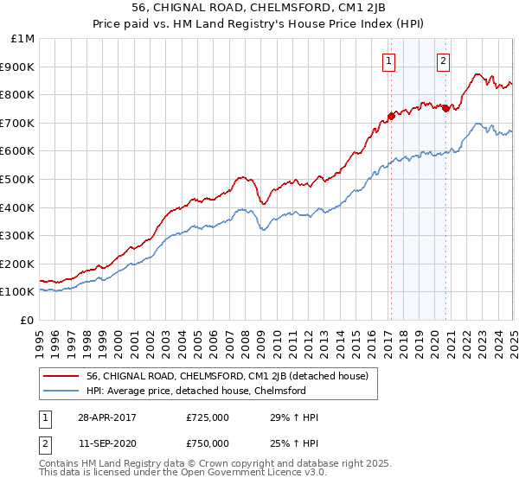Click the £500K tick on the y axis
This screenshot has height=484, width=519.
(x=20, y=179)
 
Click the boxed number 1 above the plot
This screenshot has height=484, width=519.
(x=389, y=60)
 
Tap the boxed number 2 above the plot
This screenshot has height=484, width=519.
(x=443, y=60)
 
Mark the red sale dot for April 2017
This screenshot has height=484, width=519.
(x=391, y=115)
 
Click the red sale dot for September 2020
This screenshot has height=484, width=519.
(x=445, y=108)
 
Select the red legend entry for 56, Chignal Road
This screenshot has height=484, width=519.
(x=227, y=376)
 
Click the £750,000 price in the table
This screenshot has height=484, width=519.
(x=208, y=443)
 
